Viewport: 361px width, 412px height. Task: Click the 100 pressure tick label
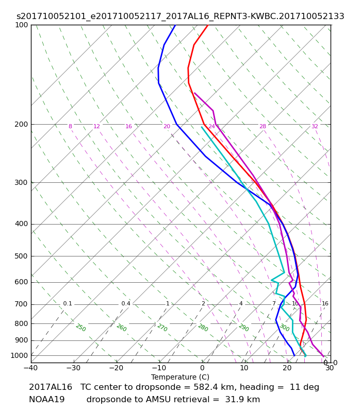pos(22,25)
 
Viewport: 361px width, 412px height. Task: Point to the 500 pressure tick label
pos(21,256)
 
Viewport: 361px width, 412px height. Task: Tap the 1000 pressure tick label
pos(19,355)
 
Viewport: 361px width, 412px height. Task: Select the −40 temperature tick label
pos(31,368)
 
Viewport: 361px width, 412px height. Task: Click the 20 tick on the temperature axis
pos(287,368)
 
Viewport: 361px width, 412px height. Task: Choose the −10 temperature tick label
pos(159,368)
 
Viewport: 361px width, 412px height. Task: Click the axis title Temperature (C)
pos(180,377)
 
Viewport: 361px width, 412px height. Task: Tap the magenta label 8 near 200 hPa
pos(70,126)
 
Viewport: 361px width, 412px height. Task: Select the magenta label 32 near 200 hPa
pos(315,126)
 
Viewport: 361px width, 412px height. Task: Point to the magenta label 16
pos(128,126)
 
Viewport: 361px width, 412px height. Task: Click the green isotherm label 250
pos(80,328)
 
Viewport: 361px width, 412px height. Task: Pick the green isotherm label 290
pos(243,328)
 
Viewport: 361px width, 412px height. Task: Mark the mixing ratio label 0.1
pos(68,304)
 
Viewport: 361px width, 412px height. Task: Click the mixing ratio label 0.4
pos(126,304)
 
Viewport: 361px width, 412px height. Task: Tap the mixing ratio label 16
pos(325,304)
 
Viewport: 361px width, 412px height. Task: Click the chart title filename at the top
pos(180,16)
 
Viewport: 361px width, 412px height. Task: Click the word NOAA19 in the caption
pos(46,400)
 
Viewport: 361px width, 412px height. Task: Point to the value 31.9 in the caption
pos(234,400)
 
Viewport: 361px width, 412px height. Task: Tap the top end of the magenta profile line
pos(194,93)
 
